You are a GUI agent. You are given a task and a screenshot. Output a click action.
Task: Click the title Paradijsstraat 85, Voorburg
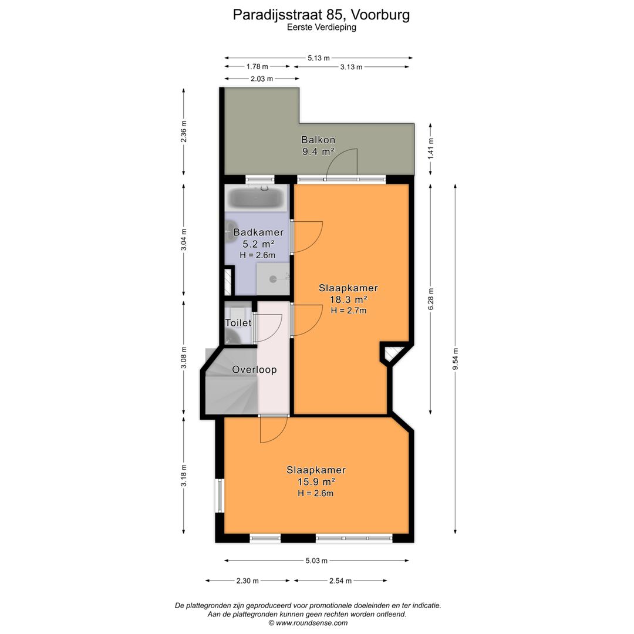pyautogui.click(x=321, y=14)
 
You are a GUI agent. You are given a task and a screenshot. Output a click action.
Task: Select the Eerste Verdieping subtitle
pyautogui.click(x=321, y=27)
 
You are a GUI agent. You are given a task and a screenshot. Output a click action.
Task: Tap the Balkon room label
pyautogui.click(x=318, y=140)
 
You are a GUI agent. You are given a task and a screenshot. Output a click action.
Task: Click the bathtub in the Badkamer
pyautogui.click(x=255, y=197)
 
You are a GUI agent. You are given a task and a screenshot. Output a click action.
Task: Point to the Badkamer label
pyautogui.click(x=258, y=232)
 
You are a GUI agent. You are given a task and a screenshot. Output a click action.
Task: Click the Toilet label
pyautogui.click(x=238, y=323)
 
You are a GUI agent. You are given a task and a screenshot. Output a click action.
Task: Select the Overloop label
pyautogui.click(x=254, y=370)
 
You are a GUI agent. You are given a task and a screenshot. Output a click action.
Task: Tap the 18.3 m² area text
pyautogui.click(x=348, y=299)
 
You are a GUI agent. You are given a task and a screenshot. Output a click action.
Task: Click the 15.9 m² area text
pyautogui.click(x=316, y=482)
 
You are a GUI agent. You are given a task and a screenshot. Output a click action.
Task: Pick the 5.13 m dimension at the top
pyautogui.click(x=319, y=58)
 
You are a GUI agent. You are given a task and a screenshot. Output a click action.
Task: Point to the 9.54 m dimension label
pyautogui.click(x=455, y=359)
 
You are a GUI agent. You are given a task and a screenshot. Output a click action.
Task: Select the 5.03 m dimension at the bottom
pyautogui.click(x=316, y=561)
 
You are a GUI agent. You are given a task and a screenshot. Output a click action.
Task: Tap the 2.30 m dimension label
pyautogui.click(x=247, y=581)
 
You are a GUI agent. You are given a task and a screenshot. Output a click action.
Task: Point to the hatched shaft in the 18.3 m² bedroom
pyautogui.click(x=392, y=353)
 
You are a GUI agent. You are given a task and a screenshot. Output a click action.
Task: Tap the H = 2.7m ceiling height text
pyautogui.click(x=348, y=311)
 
